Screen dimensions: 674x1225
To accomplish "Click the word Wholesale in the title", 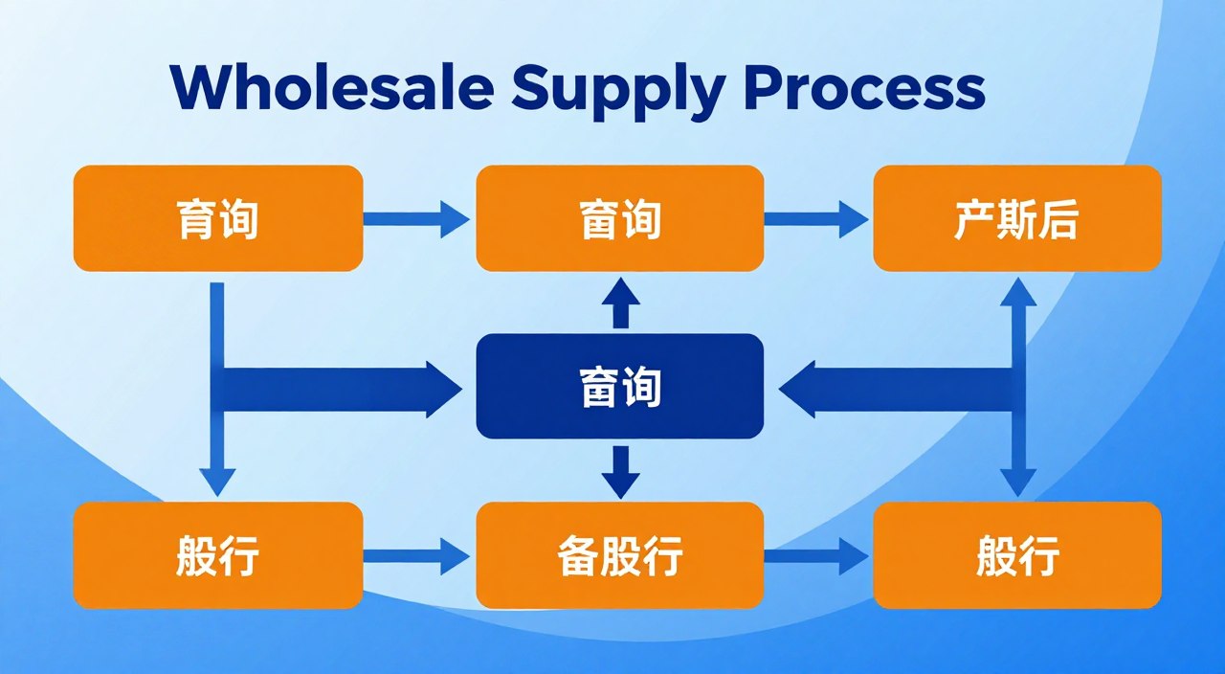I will coord(332,88).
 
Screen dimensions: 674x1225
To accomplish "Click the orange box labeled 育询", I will coord(218,218).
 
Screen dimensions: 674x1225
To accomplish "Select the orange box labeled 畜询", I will coord(620,218).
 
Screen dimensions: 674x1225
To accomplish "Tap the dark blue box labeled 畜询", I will coord(620,387).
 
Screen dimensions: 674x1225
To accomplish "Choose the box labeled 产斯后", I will coord(1017,218).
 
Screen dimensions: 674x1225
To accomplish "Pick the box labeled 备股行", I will coord(620,555).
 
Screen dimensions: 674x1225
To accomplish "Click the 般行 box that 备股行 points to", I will coord(1017,555).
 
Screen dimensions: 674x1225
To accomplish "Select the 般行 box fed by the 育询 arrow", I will coord(218,555).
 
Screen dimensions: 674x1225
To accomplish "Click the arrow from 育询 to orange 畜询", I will coord(416,219).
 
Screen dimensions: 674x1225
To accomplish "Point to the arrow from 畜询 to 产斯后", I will coord(816,219).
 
